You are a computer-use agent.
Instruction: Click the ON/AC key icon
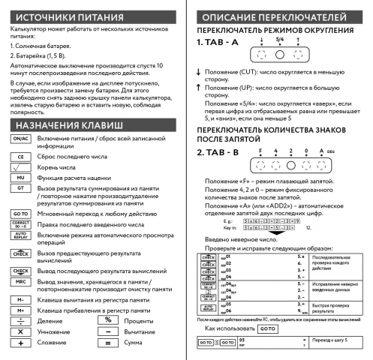point(21,139)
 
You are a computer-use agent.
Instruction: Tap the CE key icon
point(21,157)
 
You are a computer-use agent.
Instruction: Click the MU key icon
point(21,178)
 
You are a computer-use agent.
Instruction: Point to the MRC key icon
point(21,282)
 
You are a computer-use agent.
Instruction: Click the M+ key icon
point(21,309)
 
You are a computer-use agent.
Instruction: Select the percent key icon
point(108,319)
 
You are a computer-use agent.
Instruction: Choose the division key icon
point(21,319)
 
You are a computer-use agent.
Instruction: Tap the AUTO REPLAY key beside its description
point(21,236)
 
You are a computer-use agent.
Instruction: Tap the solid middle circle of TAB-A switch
point(279,55)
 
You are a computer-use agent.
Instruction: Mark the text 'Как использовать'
point(230,328)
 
